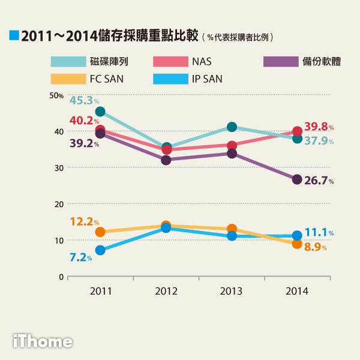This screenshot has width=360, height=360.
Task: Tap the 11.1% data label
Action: (x=319, y=232)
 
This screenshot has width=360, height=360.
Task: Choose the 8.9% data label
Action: (x=319, y=247)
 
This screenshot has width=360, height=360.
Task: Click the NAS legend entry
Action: (x=202, y=61)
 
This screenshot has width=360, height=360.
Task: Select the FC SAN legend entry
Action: (x=106, y=79)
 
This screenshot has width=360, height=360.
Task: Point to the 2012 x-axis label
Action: (x=166, y=292)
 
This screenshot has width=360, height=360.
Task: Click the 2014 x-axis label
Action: (x=297, y=292)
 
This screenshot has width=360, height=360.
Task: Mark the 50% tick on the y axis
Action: (x=56, y=95)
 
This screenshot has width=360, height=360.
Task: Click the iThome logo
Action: (x=43, y=341)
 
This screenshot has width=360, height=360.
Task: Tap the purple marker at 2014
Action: (x=297, y=179)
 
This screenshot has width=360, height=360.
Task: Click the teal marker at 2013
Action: (x=232, y=127)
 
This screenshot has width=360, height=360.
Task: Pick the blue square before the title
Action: (x=14, y=35)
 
